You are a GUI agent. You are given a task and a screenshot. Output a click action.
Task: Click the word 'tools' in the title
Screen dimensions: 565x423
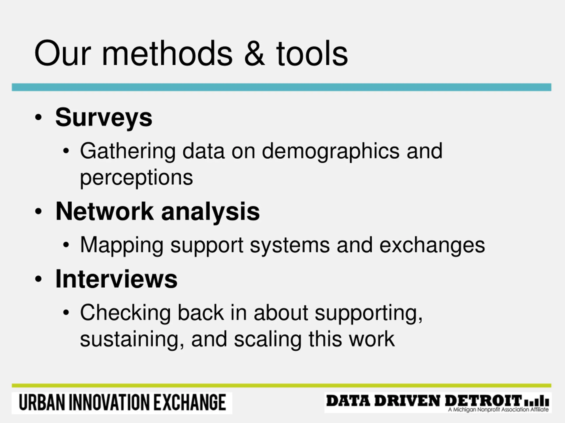[312, 53]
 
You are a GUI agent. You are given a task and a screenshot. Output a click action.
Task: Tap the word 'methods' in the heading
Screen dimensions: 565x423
[167, 53]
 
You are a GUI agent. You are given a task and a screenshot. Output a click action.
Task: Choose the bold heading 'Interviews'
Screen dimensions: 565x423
[116, 279]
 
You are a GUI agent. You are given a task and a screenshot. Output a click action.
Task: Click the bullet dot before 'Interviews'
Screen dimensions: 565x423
[38, 279]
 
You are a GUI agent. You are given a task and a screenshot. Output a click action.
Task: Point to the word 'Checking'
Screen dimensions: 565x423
[125, 313]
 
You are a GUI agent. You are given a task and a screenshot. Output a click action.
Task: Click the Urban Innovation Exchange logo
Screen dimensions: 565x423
[122, 403]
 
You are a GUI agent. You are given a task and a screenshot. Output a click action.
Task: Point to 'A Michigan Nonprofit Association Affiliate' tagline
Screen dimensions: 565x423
[498, 410]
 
